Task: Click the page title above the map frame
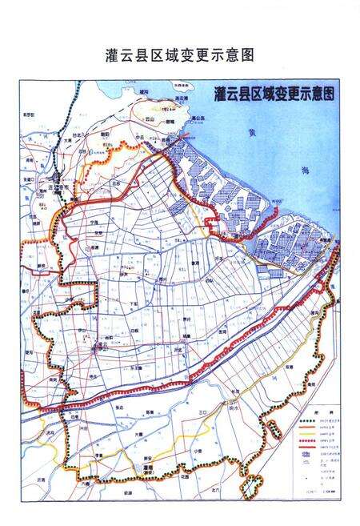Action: [x=179, y=57]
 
